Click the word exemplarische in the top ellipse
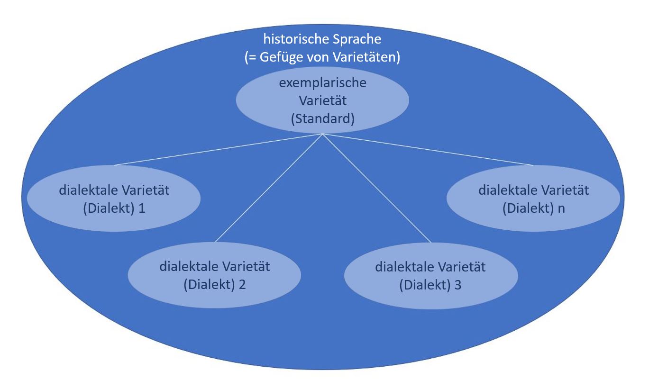[x=322, y=83]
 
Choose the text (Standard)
[x=322, y=118]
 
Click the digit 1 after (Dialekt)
[x=142, y=208]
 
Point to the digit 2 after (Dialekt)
[x=242, y=286]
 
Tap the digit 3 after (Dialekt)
[x=457, y=286]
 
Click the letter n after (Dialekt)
[x=561, y=208]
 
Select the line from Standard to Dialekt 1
[x=218, y=150]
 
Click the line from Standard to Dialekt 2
[x=268, y=188]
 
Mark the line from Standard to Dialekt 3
[x=377, y=188]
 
